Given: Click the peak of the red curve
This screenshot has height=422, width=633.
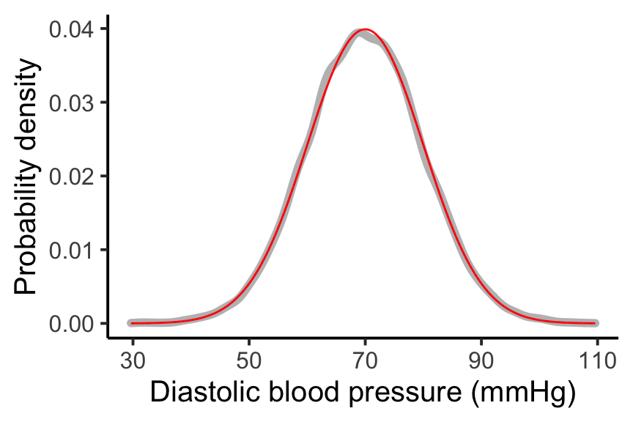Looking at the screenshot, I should click(x=365, y=29).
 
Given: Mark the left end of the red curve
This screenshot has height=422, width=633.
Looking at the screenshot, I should click(x=131, y=323).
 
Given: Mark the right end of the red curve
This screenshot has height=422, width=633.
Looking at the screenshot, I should click(x=596, y=323).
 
